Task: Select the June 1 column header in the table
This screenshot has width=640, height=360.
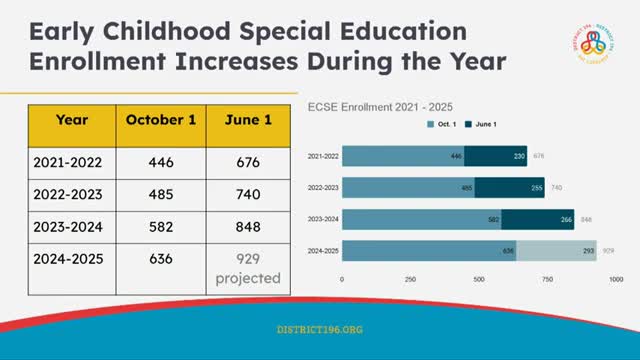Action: pos(249,119)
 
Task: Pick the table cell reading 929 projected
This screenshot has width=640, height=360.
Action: pos(249,269)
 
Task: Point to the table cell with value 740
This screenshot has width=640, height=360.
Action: pos(249,190)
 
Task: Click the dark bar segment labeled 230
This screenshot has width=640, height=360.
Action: pos(496,156)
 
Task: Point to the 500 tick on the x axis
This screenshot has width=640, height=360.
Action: pos(479,279)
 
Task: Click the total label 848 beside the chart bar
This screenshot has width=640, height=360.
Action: pos(586,219)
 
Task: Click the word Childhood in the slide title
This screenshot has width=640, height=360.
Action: pos(162,31)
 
